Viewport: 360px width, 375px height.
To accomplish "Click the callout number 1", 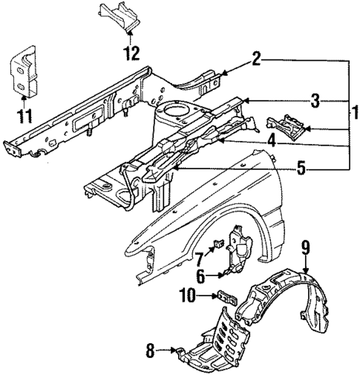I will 355,113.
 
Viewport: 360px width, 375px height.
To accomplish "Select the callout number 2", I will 255,59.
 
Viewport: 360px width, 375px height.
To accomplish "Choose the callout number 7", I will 200,259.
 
